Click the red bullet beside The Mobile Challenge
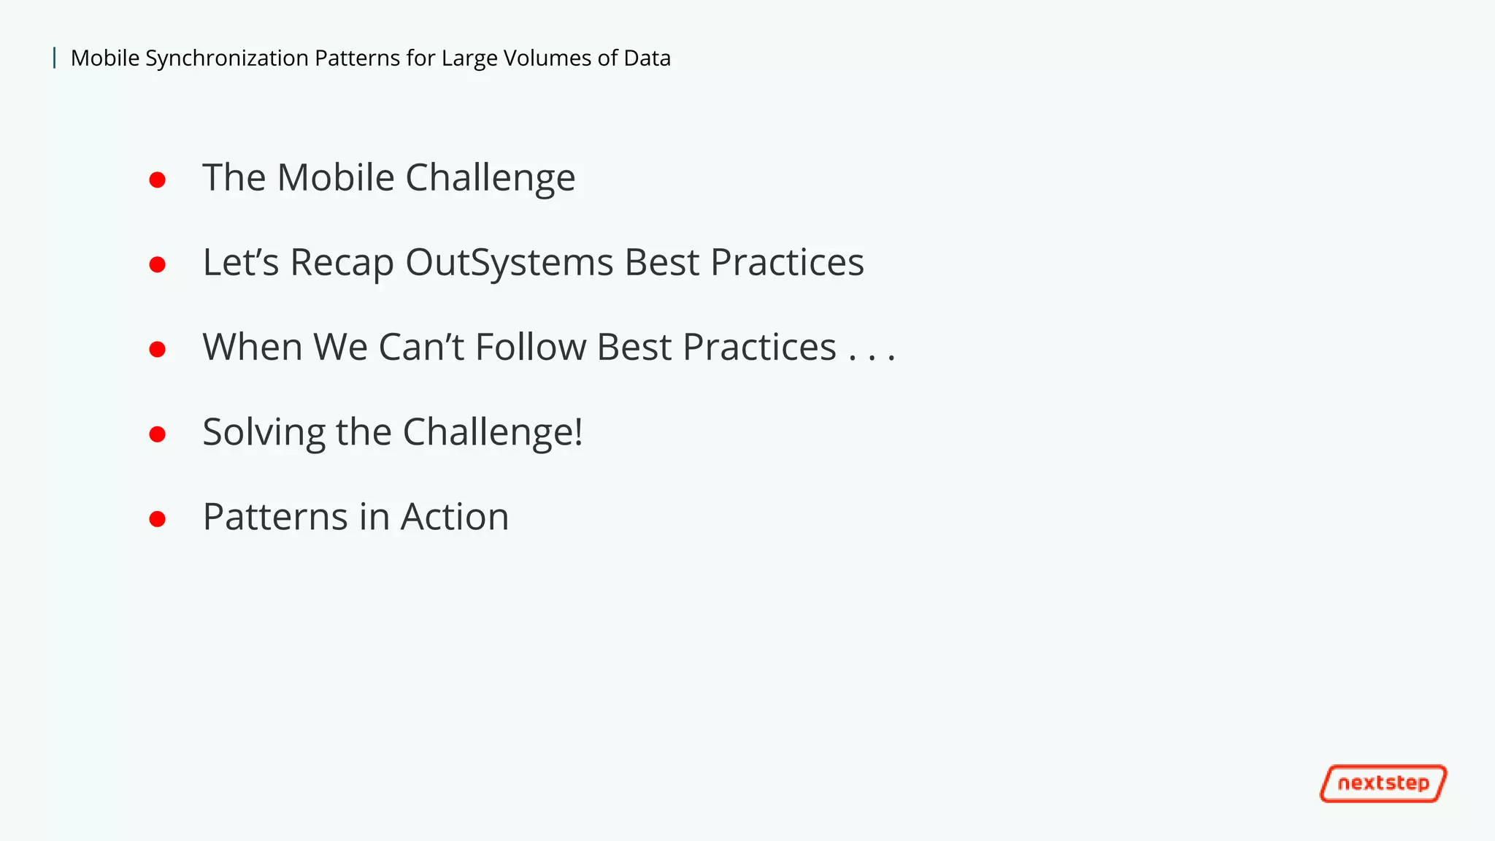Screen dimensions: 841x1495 pyautogui.click(x=157, y=180)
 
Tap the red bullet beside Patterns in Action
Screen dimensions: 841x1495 pyautogui.click(x=157, y=519)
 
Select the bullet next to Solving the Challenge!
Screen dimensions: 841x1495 pyautogui.click(x=157, y=434)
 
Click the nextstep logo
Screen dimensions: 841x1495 pyautogui.click(x=1383, y=783)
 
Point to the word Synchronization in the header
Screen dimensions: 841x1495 pyautogui.click(x=227, y=58)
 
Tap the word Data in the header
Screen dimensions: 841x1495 pyautogui.click(x=647, y=58)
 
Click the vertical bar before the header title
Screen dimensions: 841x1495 pyautogui.click(x=55, y=58)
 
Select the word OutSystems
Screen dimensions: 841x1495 pyautogui.click(x=509, y=262)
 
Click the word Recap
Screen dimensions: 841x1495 pyautogui.click(x=342, y=264)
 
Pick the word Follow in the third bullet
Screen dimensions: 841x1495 pyautogui.click(x=531, y=347)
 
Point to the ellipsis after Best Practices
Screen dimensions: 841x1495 pyautogui.click(x=872, y=356)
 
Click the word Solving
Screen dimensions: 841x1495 pyautogui.click(x=264, y=433)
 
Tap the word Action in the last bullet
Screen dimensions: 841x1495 pyautogui.click(x=454, y=517)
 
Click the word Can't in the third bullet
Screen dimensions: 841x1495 pyautogui.click(x=421, y=347)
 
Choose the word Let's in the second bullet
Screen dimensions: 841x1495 pyautogui.click(x=240, y=262)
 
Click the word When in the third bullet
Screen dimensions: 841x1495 pyautogui.click(x=252, y=347)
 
